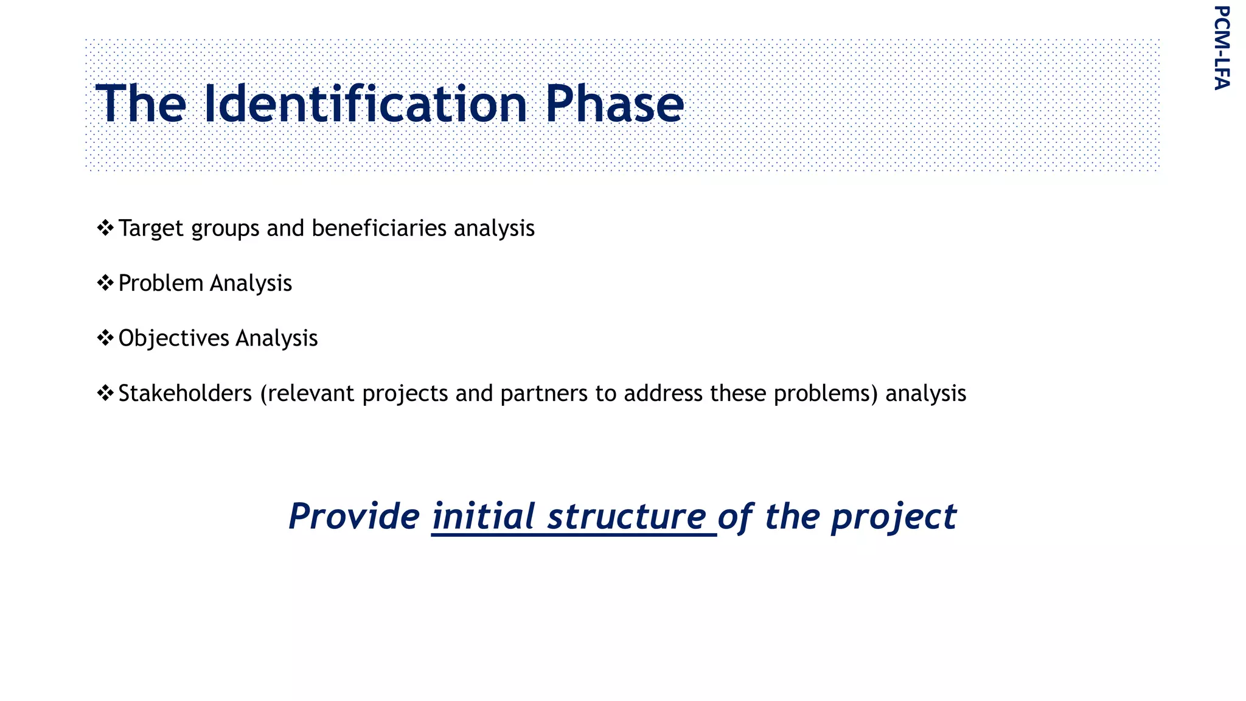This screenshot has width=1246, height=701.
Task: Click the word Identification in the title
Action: (365, 104)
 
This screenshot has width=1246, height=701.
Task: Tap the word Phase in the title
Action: (614, 104)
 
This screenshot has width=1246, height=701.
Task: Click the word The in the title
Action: (141, 104)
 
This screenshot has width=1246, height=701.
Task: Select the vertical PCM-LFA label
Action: (1222, 47)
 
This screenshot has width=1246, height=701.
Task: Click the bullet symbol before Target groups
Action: (105, 228)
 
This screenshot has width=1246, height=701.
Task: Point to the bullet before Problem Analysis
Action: (105, 283)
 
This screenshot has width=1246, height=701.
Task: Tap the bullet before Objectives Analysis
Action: (105, 338)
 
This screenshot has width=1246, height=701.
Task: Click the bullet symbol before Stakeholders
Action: (105, 393)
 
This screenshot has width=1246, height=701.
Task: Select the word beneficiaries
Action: (379, 228)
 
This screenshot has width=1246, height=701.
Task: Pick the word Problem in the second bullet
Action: (161, 284)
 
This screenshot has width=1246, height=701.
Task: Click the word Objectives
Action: (173, 338)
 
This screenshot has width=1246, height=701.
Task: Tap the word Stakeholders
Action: (185, 393)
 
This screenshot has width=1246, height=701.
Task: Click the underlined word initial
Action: (484, 517)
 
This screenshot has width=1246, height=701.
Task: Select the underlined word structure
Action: (627, 517)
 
